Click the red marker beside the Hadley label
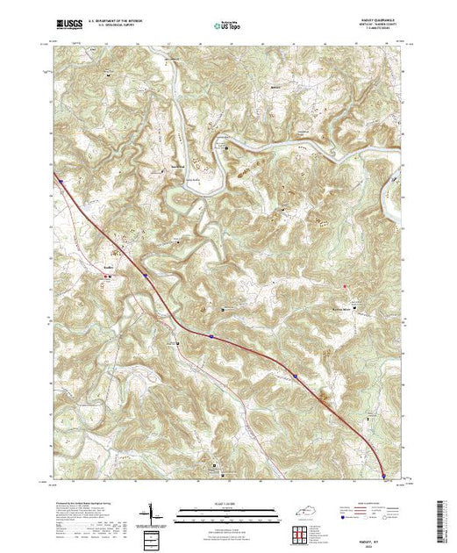pos(110,276)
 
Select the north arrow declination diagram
pos(153,513)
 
